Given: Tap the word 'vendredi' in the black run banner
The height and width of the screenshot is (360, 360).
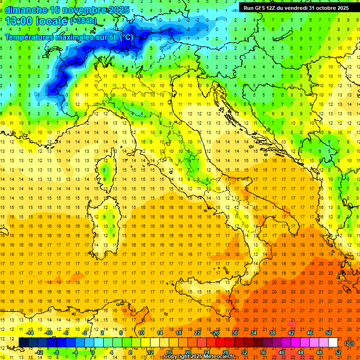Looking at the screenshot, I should click(291, 8).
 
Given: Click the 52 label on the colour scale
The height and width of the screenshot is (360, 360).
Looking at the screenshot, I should click(338, 352).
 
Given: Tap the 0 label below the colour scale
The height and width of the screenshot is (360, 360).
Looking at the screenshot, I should click(93, 352).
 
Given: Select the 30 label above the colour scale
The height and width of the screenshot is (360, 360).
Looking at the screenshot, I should click(234, 333).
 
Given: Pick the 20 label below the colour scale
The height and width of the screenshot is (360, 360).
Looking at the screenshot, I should click(187, 352).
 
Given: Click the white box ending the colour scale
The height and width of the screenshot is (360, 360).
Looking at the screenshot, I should click(333, 343).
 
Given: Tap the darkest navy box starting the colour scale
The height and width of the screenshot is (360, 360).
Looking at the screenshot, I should click(23, 343).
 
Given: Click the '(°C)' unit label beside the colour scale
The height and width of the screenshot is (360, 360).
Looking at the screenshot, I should click(349, 343).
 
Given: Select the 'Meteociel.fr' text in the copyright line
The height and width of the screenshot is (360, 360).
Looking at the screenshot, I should click(220, 357).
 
